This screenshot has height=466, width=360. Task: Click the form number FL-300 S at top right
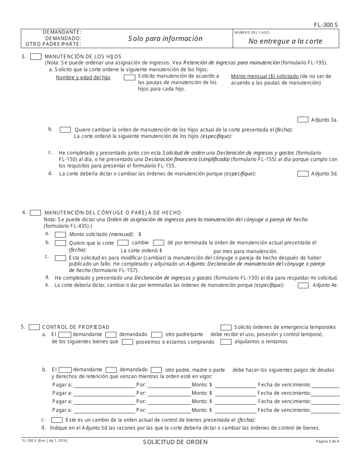tap(326, 25)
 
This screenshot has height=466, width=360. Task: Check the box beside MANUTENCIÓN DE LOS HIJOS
tap(36, 56)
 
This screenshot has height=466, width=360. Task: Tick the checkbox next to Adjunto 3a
tap(303, 120)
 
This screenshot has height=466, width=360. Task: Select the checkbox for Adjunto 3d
tap(303, 174)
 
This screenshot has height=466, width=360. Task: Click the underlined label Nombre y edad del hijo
tap(83, 77)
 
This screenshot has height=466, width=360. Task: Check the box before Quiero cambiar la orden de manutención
tap(66, 130)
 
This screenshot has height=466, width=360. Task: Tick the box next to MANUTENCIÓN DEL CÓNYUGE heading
tap(36, 213)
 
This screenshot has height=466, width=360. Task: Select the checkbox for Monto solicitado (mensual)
tap(61, 235)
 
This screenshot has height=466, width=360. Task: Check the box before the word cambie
tap(123, 242)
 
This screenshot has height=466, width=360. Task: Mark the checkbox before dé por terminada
tap(158, 242)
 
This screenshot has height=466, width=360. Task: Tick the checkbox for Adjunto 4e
tap(303, 285)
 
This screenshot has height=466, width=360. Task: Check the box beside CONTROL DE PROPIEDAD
tap(34, 327)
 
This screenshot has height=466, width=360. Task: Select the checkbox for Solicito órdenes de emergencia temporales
tap(226, 327)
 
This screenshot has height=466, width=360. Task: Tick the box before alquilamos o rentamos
tap(226, 342)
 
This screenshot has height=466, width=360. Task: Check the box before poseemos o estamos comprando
tap(127, 342)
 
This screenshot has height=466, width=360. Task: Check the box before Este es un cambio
tap(57, 420)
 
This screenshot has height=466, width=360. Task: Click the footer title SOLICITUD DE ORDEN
tap(175, 442)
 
